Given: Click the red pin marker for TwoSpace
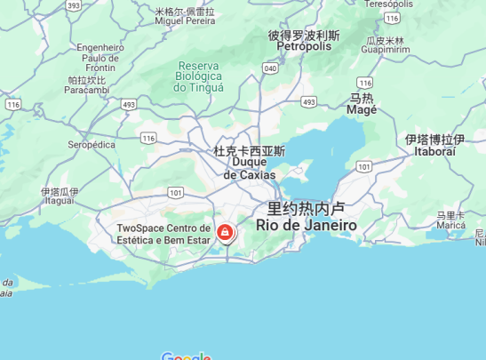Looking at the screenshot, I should coord(226,234).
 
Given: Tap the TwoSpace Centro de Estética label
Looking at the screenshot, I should coord(163,235).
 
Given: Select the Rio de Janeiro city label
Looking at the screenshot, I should coord(306,218).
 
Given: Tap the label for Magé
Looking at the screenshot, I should coord(362,104).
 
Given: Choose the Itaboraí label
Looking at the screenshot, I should coord(434,146).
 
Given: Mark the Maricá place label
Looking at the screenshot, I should coord(451,220).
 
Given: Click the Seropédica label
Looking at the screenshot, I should coord(92,144).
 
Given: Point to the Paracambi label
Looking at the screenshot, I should coord(86,85).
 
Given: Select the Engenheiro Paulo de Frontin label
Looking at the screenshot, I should coord(100,58).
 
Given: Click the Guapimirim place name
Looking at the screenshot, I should coord(386,45).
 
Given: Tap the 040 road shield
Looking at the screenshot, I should coord(270,68).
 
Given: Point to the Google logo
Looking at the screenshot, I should coord(187,356).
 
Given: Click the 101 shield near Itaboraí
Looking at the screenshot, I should coord(363,166).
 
